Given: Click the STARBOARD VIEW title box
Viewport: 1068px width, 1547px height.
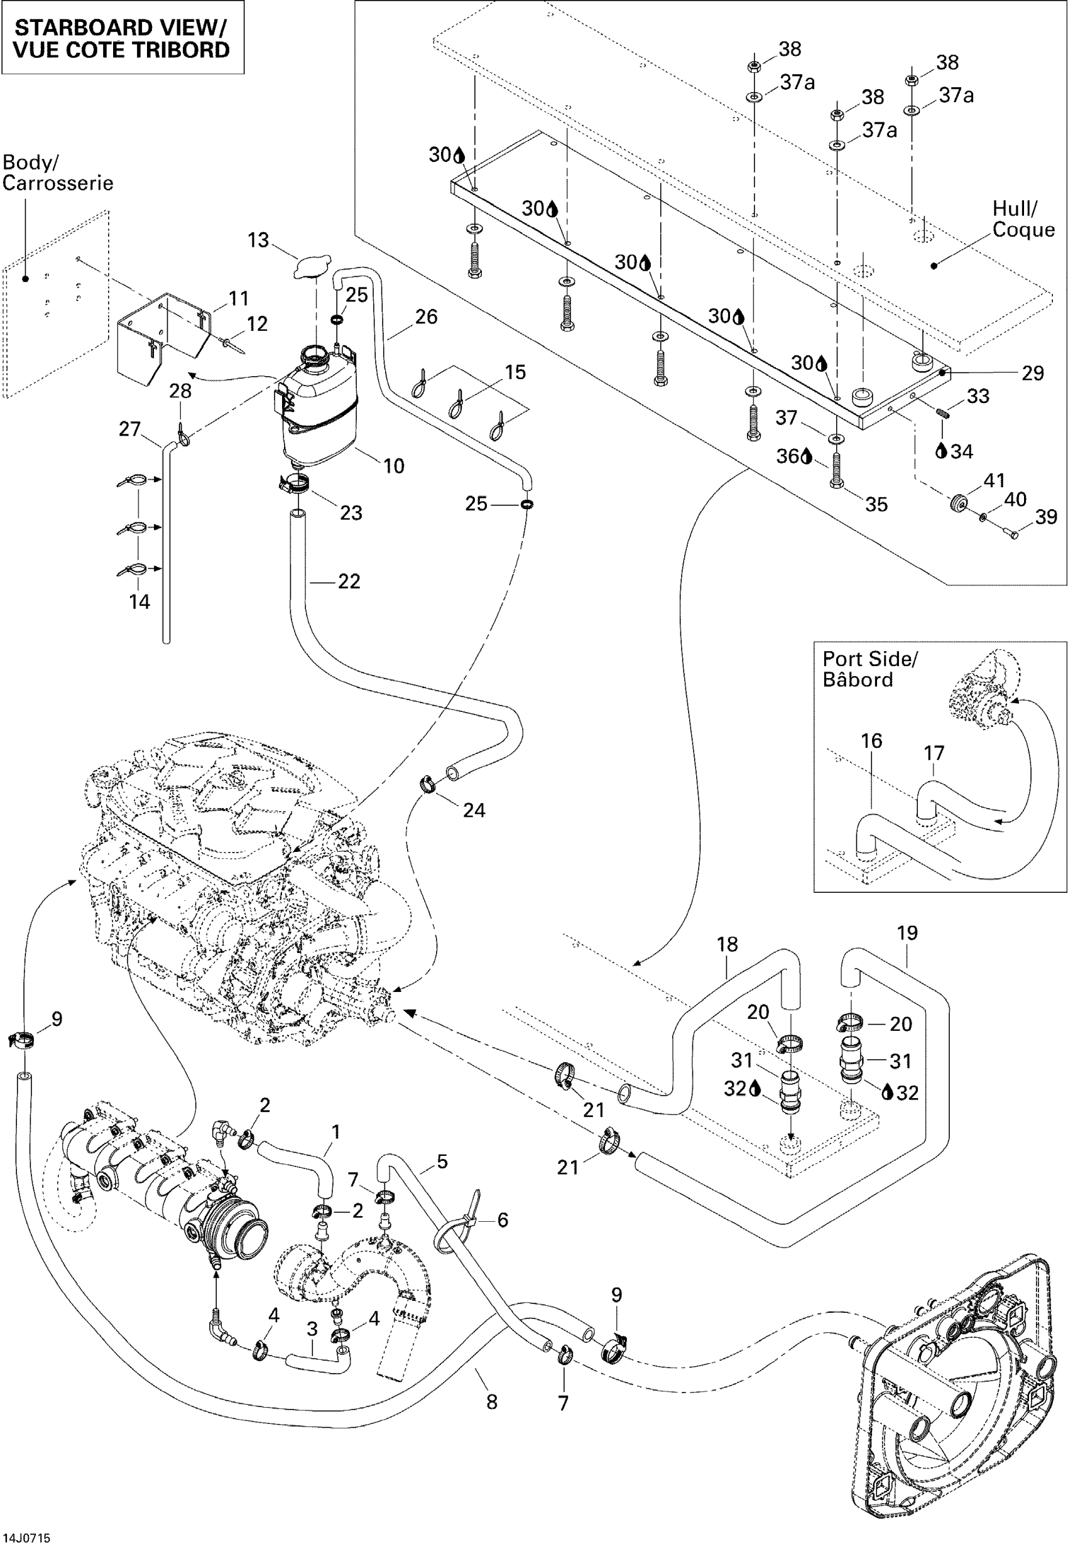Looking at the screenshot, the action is click(122, 38).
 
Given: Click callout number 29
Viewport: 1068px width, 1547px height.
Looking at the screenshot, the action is click(1033, 373).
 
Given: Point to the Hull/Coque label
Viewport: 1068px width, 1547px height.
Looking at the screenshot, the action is click(1023, 219).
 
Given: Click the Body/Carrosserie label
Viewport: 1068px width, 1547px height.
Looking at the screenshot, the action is click(58, 173).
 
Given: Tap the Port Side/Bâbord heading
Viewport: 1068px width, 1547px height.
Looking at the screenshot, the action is click(870, 669).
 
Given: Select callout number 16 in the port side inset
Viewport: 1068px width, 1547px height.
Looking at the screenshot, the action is click(871, 740).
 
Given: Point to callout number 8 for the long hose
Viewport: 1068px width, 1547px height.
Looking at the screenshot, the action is click(492, 1402).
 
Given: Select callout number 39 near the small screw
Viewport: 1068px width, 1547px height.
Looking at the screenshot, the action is click(1047, 517).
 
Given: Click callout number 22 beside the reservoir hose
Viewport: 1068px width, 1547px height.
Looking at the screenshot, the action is click(349, 581).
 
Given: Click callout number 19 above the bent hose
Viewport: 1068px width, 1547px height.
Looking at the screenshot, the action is click(907, 933).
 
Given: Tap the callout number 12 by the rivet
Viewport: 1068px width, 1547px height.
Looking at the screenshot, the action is click(257, 324).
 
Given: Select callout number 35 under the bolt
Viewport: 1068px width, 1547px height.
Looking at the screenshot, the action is click(876, 504).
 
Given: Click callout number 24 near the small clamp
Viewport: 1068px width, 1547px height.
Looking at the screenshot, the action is click(474, 810).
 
